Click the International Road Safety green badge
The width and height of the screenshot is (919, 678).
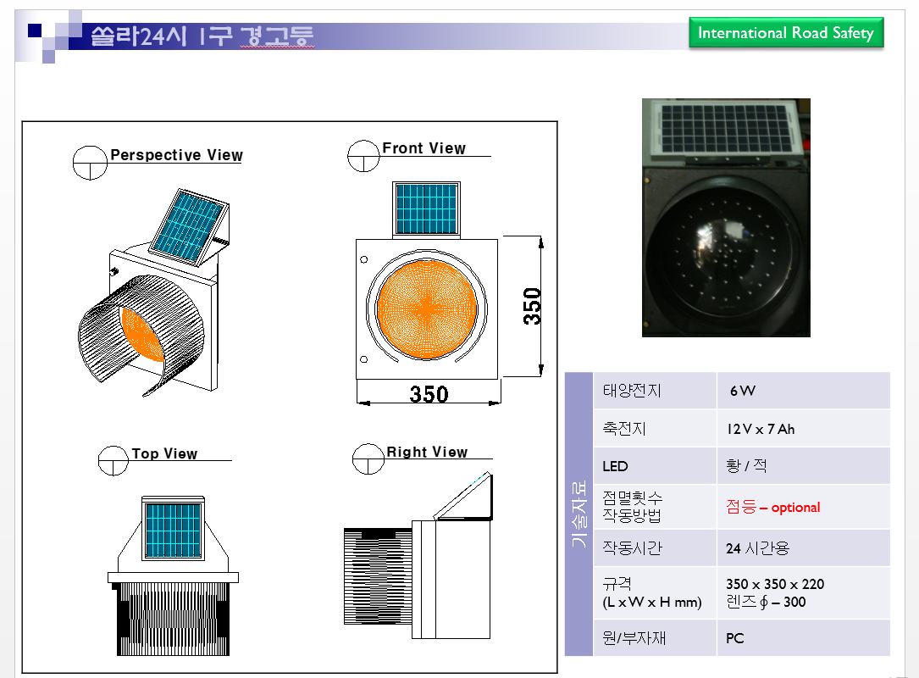[786, 33]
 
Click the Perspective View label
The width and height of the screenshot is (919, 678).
[176, 155]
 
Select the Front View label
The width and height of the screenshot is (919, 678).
[424, 148]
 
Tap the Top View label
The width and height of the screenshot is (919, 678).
[164, 453]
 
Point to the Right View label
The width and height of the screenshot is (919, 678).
[427, 452]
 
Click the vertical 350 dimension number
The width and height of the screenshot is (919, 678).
[532, 306]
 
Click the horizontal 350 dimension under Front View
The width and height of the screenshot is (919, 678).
[429, 394]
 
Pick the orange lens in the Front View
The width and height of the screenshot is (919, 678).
[427, 308]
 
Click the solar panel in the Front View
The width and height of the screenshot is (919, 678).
[427, 208]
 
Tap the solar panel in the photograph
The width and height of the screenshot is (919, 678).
[726, 129]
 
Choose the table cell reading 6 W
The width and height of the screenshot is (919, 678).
[742, 391]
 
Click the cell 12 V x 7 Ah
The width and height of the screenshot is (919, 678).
[761, 430]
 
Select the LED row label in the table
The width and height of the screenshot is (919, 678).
[615, 466]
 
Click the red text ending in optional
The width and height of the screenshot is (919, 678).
[772, 507]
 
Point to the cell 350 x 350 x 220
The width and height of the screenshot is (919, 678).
[775, 584]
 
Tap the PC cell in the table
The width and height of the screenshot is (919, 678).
[735, 638]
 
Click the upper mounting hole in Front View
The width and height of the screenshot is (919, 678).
[364, 259]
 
